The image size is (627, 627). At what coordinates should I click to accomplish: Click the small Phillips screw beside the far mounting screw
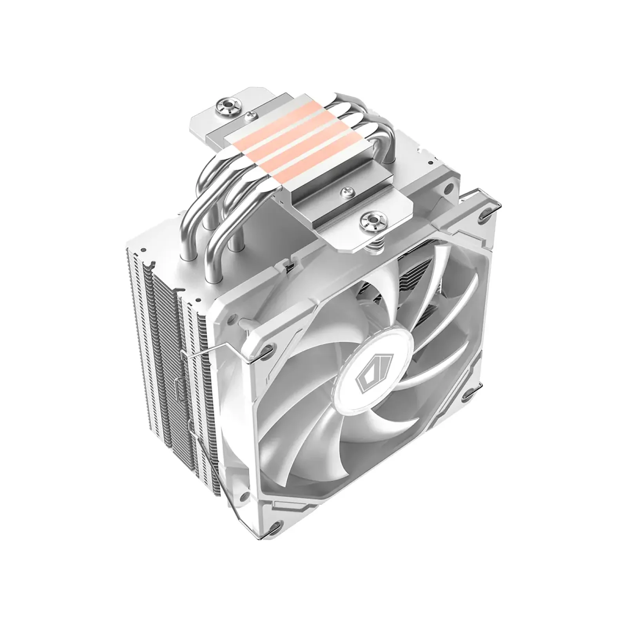pos(249,116)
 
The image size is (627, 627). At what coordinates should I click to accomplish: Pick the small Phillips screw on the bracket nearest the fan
pos(346,191)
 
